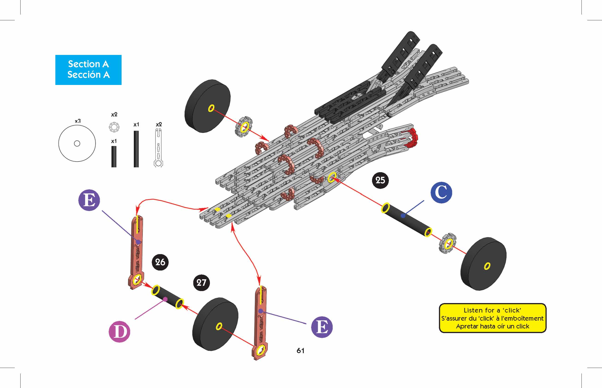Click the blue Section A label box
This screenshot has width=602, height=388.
[x=88, y=70]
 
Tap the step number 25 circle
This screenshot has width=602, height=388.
[x=380, y=180]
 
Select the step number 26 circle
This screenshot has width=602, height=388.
[x=160, y=262]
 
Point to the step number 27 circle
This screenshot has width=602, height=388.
[x=201, y=283]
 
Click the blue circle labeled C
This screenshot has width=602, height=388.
[x=441, y=192]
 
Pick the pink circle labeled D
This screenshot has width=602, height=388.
[x=119, y=331]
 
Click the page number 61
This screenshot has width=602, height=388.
[x=300, y=350]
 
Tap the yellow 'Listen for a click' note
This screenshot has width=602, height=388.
[x=492, y=318]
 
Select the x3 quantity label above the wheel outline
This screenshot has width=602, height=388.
[x=78, y=121]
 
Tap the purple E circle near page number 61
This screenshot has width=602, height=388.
[x=322, y=327]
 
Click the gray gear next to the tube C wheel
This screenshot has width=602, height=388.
[x=447, y=243]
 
